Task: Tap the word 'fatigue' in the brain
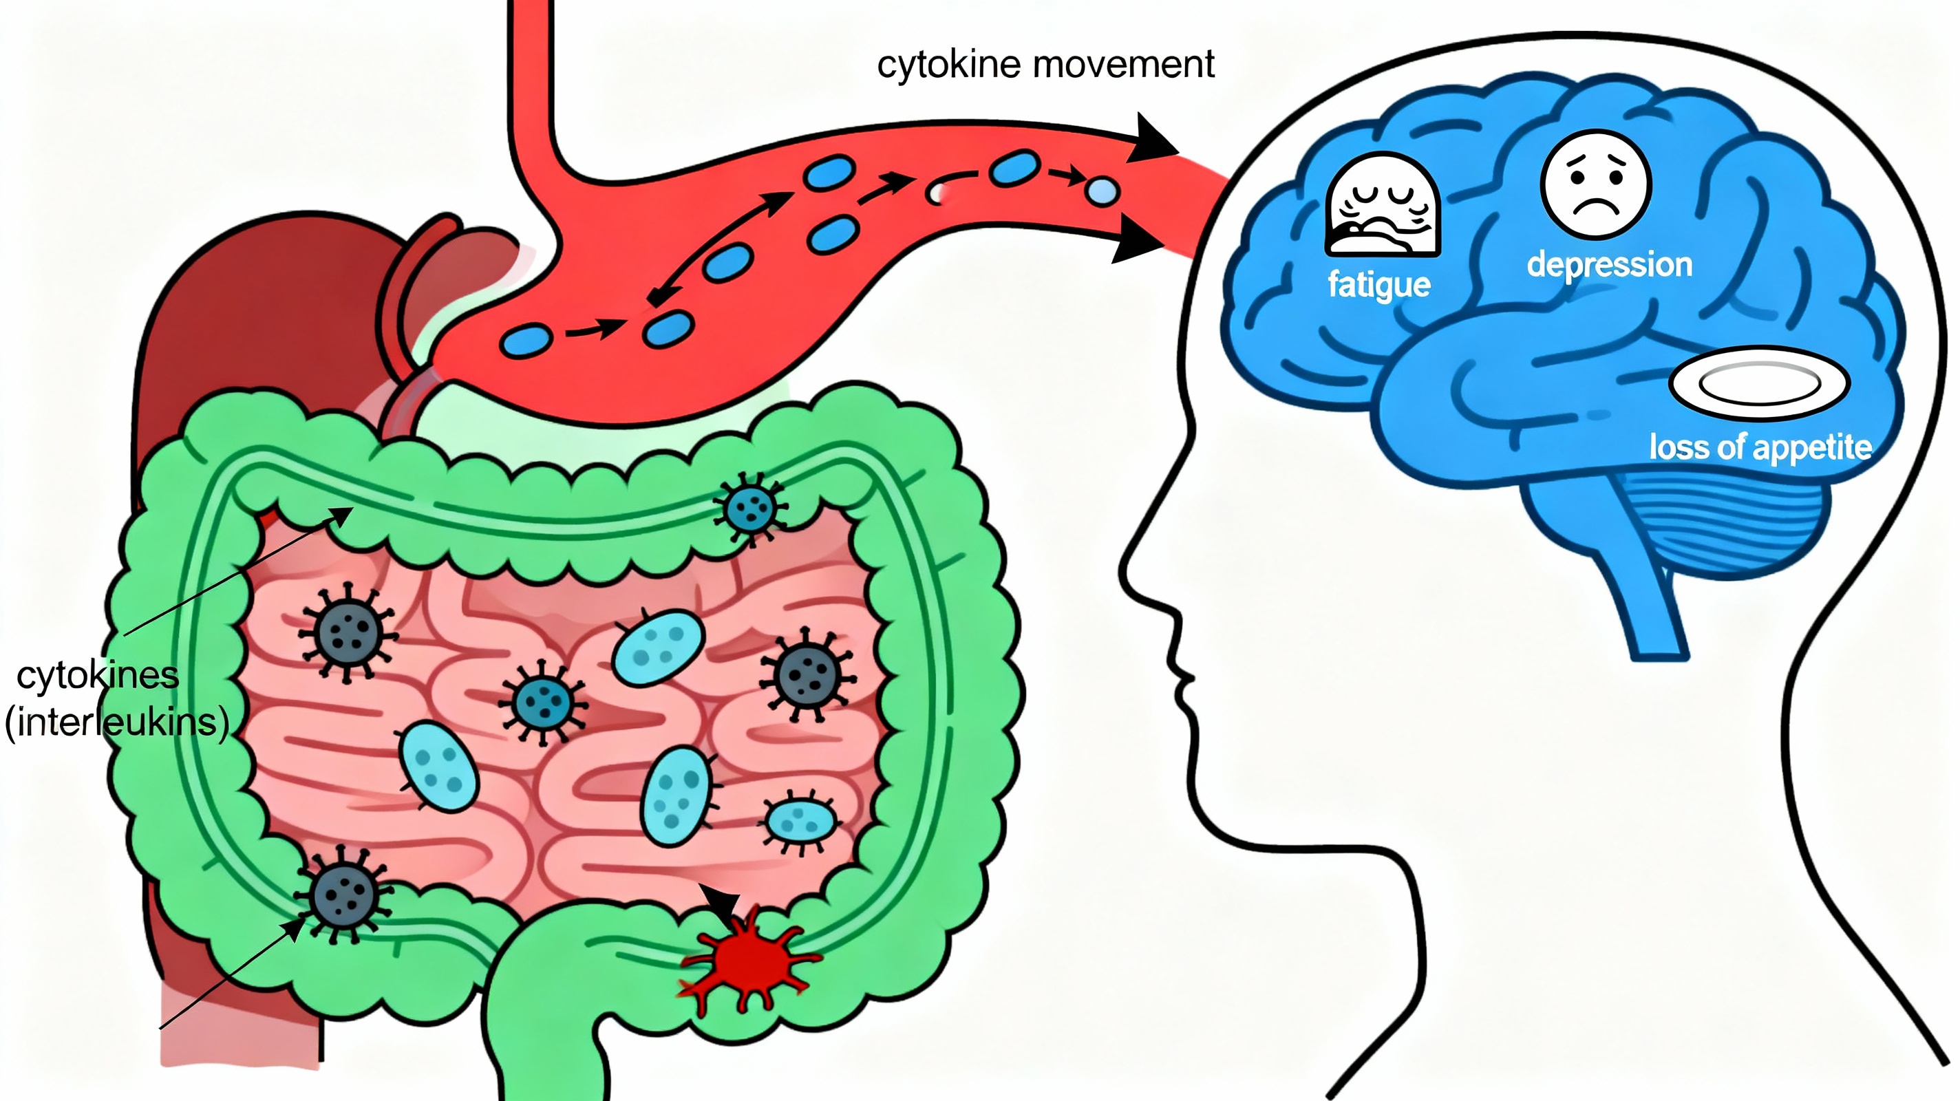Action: pyautogui.click(x=1378, y=286)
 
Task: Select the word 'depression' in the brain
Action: pyautogui.click(x=1609, y=265)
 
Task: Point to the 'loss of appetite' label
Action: pyautogui.click(x=1760, y=447)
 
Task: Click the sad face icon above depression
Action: pyautogui.click(x=1595, y=185)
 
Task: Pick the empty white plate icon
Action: pyautogui.click(x=1759, y=384)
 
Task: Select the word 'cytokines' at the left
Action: pyautogui.click(x=98, y=676)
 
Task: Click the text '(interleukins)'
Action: pyautogui.click(x=116, y=722)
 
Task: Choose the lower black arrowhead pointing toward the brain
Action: pyautogui.click(x=1139, y=240)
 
